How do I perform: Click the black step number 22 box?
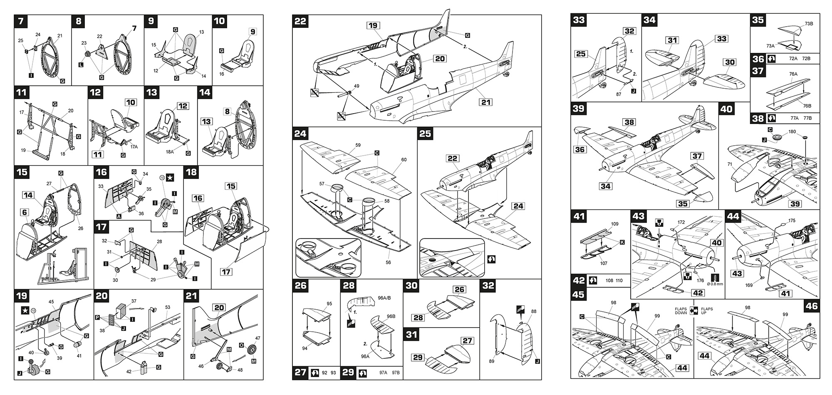point(301,21)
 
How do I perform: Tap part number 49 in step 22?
point(357,86)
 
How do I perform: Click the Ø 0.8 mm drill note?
point(715,284)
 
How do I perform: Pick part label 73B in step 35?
point(808,24)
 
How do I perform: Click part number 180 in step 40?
point(792,132)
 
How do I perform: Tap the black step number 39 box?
point(579,109)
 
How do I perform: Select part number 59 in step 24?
point(358,145)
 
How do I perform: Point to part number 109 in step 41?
point(614,224)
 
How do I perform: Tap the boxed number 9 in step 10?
point(253,32)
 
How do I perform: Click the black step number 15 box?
point(22,172)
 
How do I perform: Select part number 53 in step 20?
point(168,308)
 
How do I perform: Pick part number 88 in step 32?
point(534,311)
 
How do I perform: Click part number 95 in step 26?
point(329,304)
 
